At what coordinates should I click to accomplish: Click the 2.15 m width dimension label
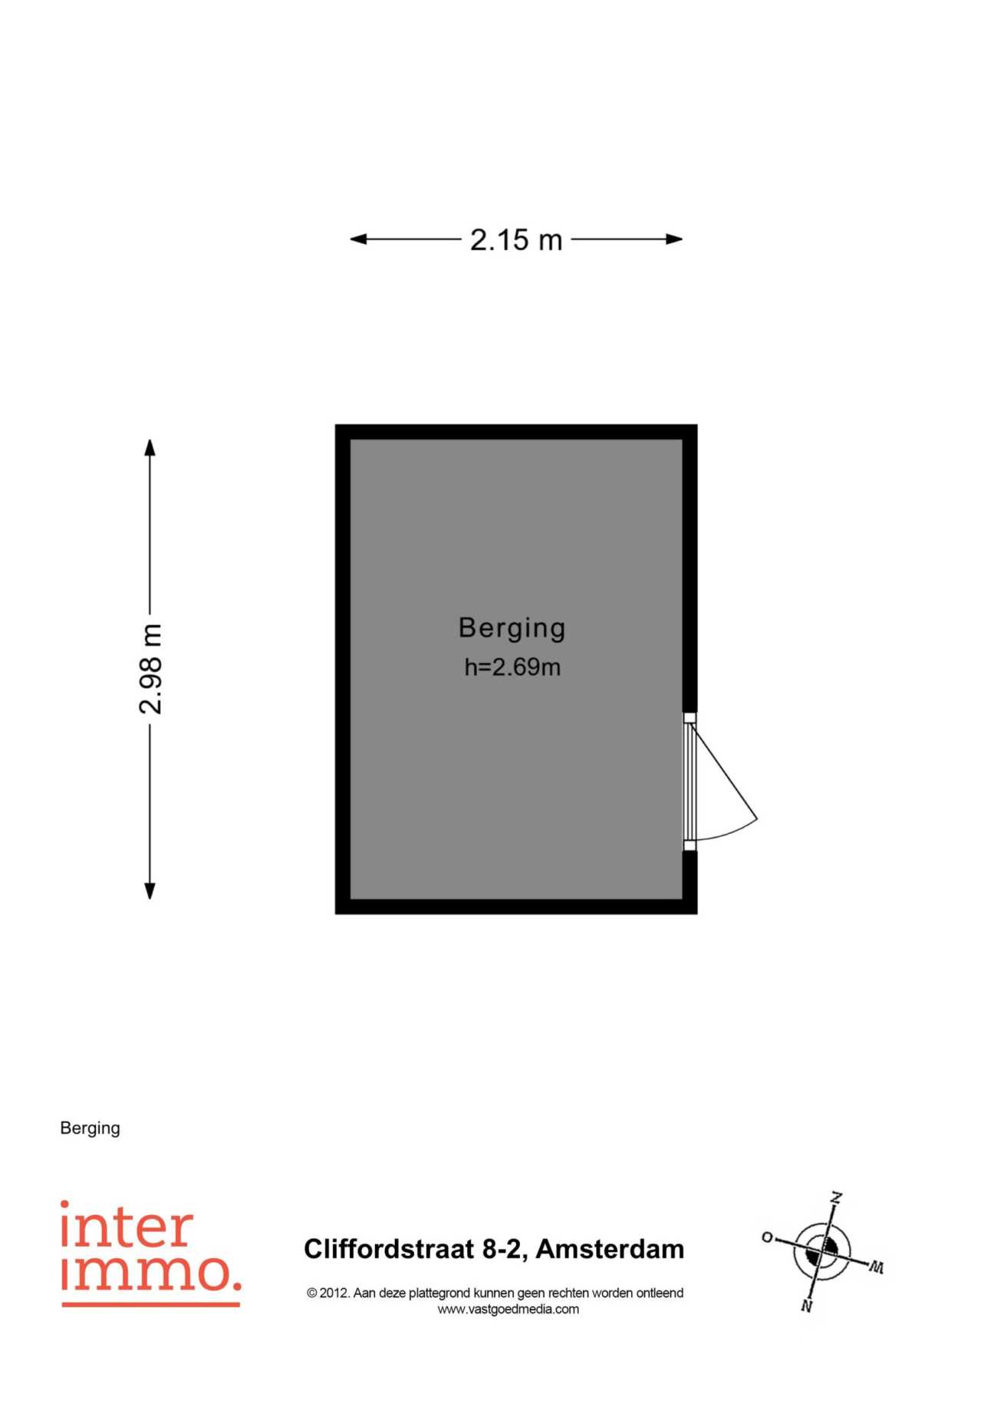click(516, 240)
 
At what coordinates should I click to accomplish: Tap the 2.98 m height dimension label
click(151, 669)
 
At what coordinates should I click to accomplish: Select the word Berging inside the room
click(512, 628)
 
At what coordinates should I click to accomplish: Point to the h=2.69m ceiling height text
click(512, 667)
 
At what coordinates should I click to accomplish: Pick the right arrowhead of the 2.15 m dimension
click(674, 239)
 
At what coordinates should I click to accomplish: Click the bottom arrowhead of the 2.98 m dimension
click(150, 890)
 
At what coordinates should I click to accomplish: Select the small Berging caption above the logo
click(90, 1128)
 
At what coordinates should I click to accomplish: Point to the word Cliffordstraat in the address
click(389, 1249)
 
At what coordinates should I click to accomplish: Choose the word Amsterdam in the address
click(610, 1249)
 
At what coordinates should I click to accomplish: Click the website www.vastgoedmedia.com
click(508, 1310)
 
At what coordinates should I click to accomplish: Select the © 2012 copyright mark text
click(329, 1293)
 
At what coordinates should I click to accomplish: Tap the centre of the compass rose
click(822, 1250)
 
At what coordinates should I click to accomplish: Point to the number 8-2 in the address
click(505, 1249)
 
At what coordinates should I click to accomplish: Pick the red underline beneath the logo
click(151, 1303)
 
